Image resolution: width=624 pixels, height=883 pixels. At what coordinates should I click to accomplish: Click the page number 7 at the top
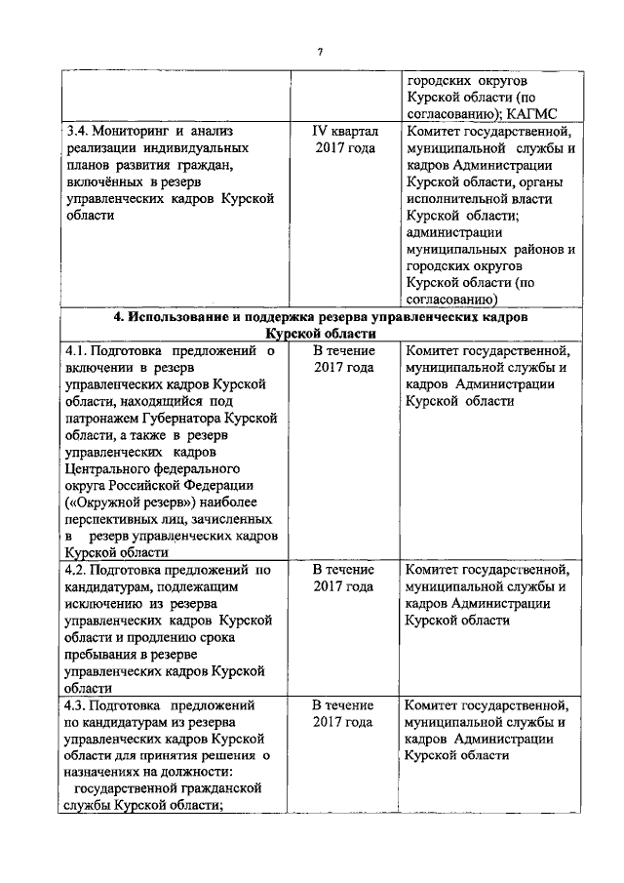click(x=320, y=52)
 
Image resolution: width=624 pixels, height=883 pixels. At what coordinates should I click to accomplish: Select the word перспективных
click(x=111, y=520)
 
